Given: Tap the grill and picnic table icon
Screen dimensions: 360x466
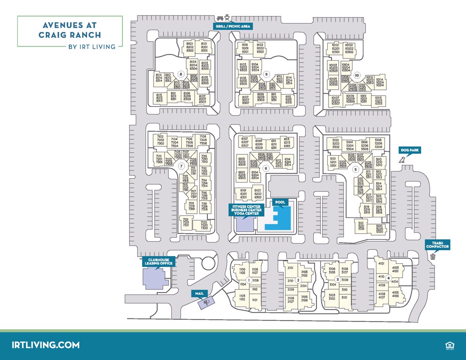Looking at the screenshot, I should (x=223, y=18).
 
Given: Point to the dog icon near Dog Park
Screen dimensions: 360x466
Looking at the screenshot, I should (x=402, y=160).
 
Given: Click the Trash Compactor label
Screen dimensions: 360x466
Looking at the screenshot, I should (x=437, y=245).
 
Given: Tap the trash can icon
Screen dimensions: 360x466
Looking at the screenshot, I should (x=432, y=256).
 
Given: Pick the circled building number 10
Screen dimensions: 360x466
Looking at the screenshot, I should (x=357, y=76).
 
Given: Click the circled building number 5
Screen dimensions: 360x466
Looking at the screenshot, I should (x=355, y=169).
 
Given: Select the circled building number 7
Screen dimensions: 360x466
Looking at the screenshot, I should (x=182, y=166).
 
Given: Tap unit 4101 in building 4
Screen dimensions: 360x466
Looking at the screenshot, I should (x=381, y=264).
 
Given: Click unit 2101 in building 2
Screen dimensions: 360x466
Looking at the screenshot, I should (x=290, y=267).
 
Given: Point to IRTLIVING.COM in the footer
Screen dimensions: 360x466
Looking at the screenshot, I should (x=45, y=345).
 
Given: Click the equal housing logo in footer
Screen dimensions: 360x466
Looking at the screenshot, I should (x=449, y=345).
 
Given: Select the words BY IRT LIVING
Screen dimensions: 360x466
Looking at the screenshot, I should (x=92, y=47).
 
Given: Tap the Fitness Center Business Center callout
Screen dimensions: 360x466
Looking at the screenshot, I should (x=245, y=209).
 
